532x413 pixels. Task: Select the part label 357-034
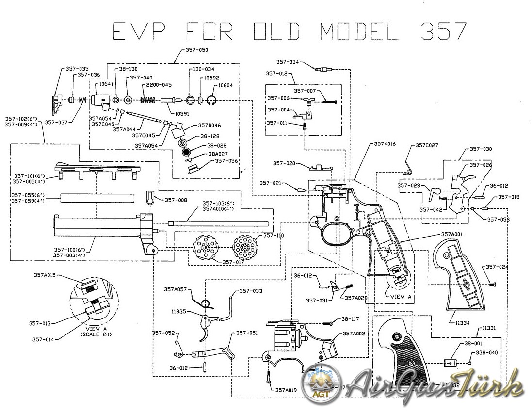288,62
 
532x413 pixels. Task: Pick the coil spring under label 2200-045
147,100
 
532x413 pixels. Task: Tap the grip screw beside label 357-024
494,283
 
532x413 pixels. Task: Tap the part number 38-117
351,319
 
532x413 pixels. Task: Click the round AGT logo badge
319,383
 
